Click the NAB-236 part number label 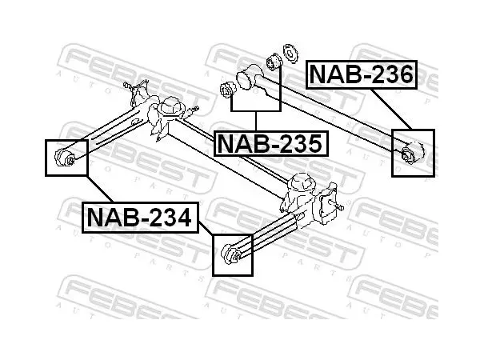362,74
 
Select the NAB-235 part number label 270,143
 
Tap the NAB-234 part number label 140,218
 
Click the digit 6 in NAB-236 404,74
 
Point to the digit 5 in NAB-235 314,143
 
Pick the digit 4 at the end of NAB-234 182,218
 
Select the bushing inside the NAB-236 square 413,152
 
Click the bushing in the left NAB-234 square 65,158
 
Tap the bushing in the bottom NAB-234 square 230,254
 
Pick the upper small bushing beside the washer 274,62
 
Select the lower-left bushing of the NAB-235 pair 228,90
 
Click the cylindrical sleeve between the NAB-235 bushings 248,77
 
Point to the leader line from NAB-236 391,109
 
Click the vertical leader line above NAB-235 256,121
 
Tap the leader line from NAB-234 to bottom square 206,228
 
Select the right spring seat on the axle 302,182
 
